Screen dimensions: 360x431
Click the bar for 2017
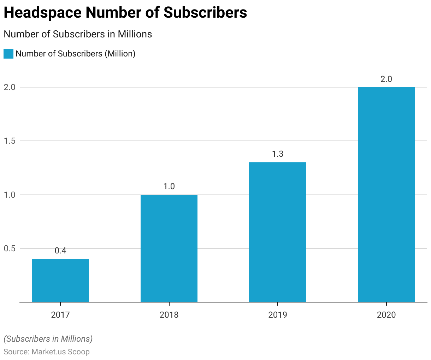coord(60,281)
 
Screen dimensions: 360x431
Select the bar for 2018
coord(169,248)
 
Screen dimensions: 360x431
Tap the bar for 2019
coord(278,232)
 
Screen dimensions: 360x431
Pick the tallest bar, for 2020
coord(386,194)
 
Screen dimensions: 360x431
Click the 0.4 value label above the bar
coord(60,251)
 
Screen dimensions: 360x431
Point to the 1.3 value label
coord(278,154)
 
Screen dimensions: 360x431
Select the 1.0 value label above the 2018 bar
coord(169,186)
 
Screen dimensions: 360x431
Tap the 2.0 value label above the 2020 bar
coord(386,79)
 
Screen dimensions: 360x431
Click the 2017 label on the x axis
coord(60,314)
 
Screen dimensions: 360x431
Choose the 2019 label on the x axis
coord(278,314)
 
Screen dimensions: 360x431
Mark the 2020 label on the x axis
coord(386,314)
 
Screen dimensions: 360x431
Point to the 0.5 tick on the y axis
coord(10,248)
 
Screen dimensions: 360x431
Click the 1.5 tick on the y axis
coord(10,141)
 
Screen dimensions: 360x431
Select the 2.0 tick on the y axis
coord(10,87)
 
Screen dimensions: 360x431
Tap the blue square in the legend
coord(8,54)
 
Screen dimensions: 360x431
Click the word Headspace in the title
coord(43,13)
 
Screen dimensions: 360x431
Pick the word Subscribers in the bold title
coord(205,13)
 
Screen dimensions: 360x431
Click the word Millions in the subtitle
coord(135,34)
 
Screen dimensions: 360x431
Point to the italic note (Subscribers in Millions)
coord(48,339)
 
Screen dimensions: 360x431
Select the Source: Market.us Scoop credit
coord(47,352)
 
